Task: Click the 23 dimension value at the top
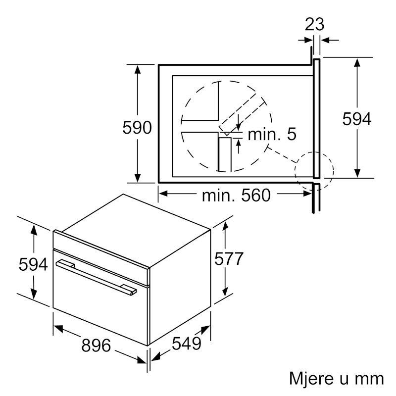pyautogui.click(x=314, y=24)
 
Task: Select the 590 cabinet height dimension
pyautogui.click(x=137, y=128)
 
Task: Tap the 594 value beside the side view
pyautogui.click(x=357, y=119)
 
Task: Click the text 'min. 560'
pyautogui.click(x=236, y=195)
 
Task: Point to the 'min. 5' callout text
pyautogui.click(x=272, y=134)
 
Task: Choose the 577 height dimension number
pyautogui.click(x=229, y=258)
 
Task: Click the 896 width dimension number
pyautogui.click(x=96, y=345)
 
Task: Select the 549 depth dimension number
pyautogui.click(x=187, y=344)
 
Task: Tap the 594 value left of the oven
pyautogui.click(x=33, y=264)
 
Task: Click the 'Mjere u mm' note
pyautogui.click(x=337, y=379)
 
